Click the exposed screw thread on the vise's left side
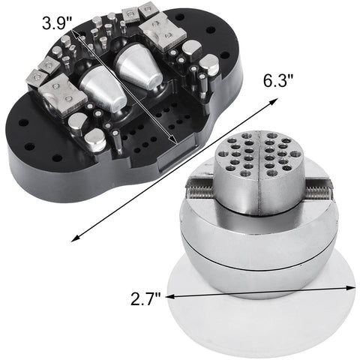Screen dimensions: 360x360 202,193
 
